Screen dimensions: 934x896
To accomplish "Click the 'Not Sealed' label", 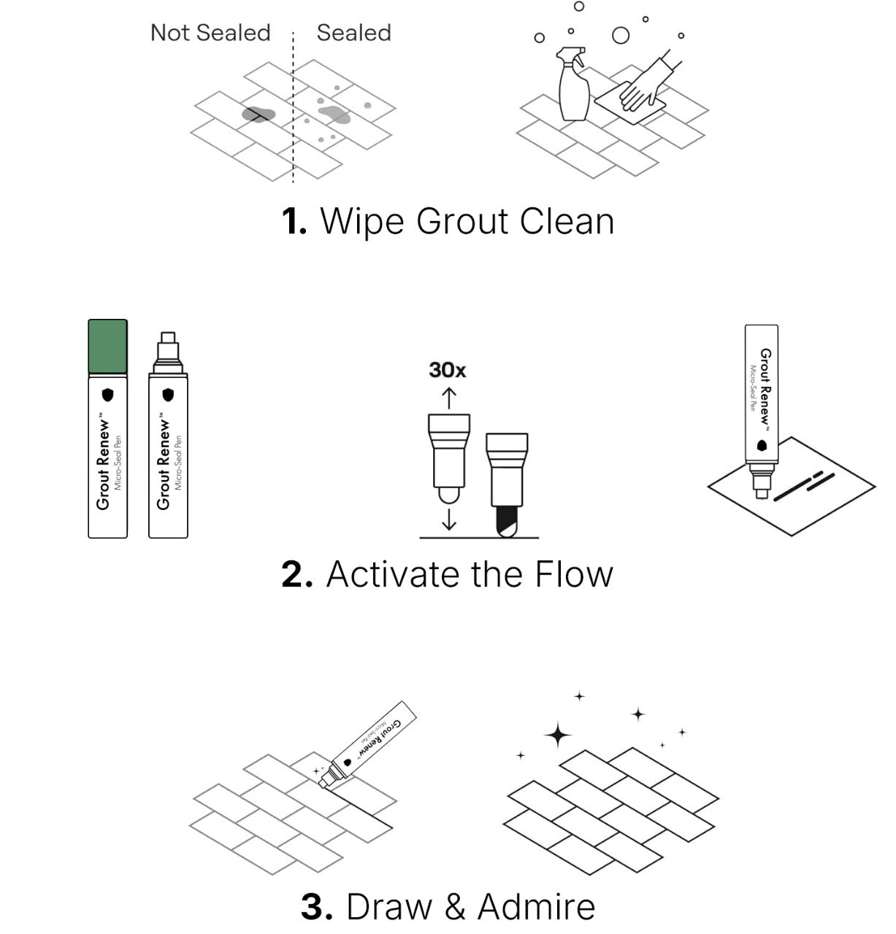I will (210, 33).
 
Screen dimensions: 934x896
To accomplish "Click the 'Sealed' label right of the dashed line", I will (353, 33).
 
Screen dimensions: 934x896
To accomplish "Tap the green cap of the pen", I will (108, 347).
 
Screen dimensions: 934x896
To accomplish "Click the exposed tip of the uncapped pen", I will (168, 340).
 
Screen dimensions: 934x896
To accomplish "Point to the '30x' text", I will (447, 370).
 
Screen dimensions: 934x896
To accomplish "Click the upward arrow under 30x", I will (448, 398).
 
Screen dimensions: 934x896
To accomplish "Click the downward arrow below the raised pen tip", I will (448, 519).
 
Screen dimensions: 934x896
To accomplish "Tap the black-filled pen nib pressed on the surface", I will (506, 521).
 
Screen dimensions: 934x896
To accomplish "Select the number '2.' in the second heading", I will (296, 574).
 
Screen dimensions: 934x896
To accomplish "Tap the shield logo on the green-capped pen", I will (108, 395).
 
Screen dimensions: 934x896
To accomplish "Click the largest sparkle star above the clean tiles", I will (558, 735).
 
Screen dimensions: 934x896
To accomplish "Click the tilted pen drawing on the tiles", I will (372, 744).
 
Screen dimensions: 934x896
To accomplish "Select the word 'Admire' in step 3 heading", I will (536, 907).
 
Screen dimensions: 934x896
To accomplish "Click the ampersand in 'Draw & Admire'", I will (454, 907).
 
